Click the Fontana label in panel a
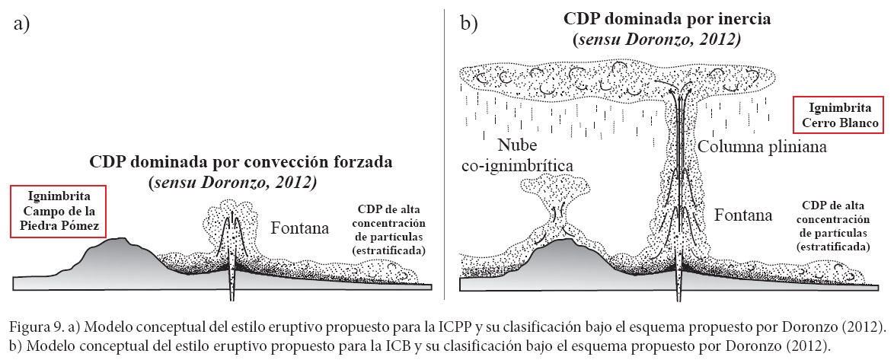point(300,226)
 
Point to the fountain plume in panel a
point(231,228)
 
